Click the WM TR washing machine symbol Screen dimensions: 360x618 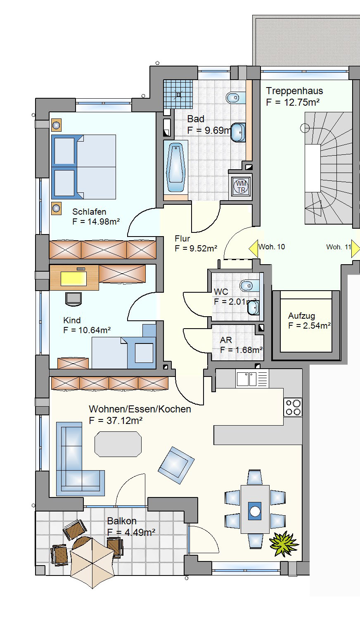[x=241, y=186]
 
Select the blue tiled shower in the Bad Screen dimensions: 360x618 [x=178, y=94]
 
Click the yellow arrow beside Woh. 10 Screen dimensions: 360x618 [x=253, y=249]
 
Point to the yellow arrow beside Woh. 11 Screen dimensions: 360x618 [x=355, y=249]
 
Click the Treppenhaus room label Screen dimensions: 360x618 [x=294, y=91]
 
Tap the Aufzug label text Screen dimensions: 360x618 [x=301, y=316]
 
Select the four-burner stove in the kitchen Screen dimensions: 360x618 [x=293, y=407]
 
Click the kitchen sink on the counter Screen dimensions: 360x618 [x=246, y=379]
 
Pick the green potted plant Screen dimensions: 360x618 [x=284, y=543]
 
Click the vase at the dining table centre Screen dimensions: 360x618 [x=255, y=511]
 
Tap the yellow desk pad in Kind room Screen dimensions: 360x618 [x=73, y=278]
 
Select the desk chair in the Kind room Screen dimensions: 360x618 [x=73, y=299]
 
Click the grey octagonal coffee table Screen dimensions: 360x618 [x=118, y=444]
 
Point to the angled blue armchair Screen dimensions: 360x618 [x=176, y=465]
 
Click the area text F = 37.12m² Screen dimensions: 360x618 [x=116, y=421]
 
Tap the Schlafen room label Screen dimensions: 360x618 [x=89, y=212]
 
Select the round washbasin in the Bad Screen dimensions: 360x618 [x=238, y=133]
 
